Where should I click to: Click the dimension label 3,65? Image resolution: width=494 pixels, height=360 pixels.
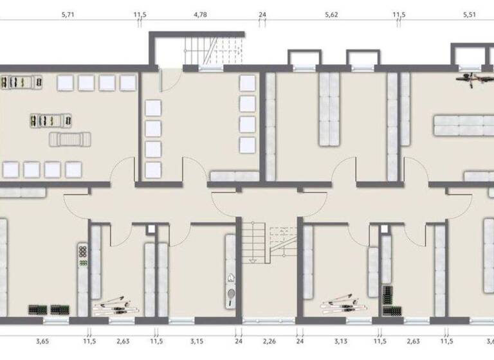coord(42,342)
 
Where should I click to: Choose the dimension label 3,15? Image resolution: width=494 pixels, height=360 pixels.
coord(196,342)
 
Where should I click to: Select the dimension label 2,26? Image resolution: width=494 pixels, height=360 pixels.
coord(269,342)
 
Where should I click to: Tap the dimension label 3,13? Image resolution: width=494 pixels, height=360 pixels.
coord(340,342)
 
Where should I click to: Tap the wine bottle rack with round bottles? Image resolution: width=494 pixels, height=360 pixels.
coord(82,256)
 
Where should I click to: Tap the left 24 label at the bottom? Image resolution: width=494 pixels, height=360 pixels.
coord(239,342)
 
